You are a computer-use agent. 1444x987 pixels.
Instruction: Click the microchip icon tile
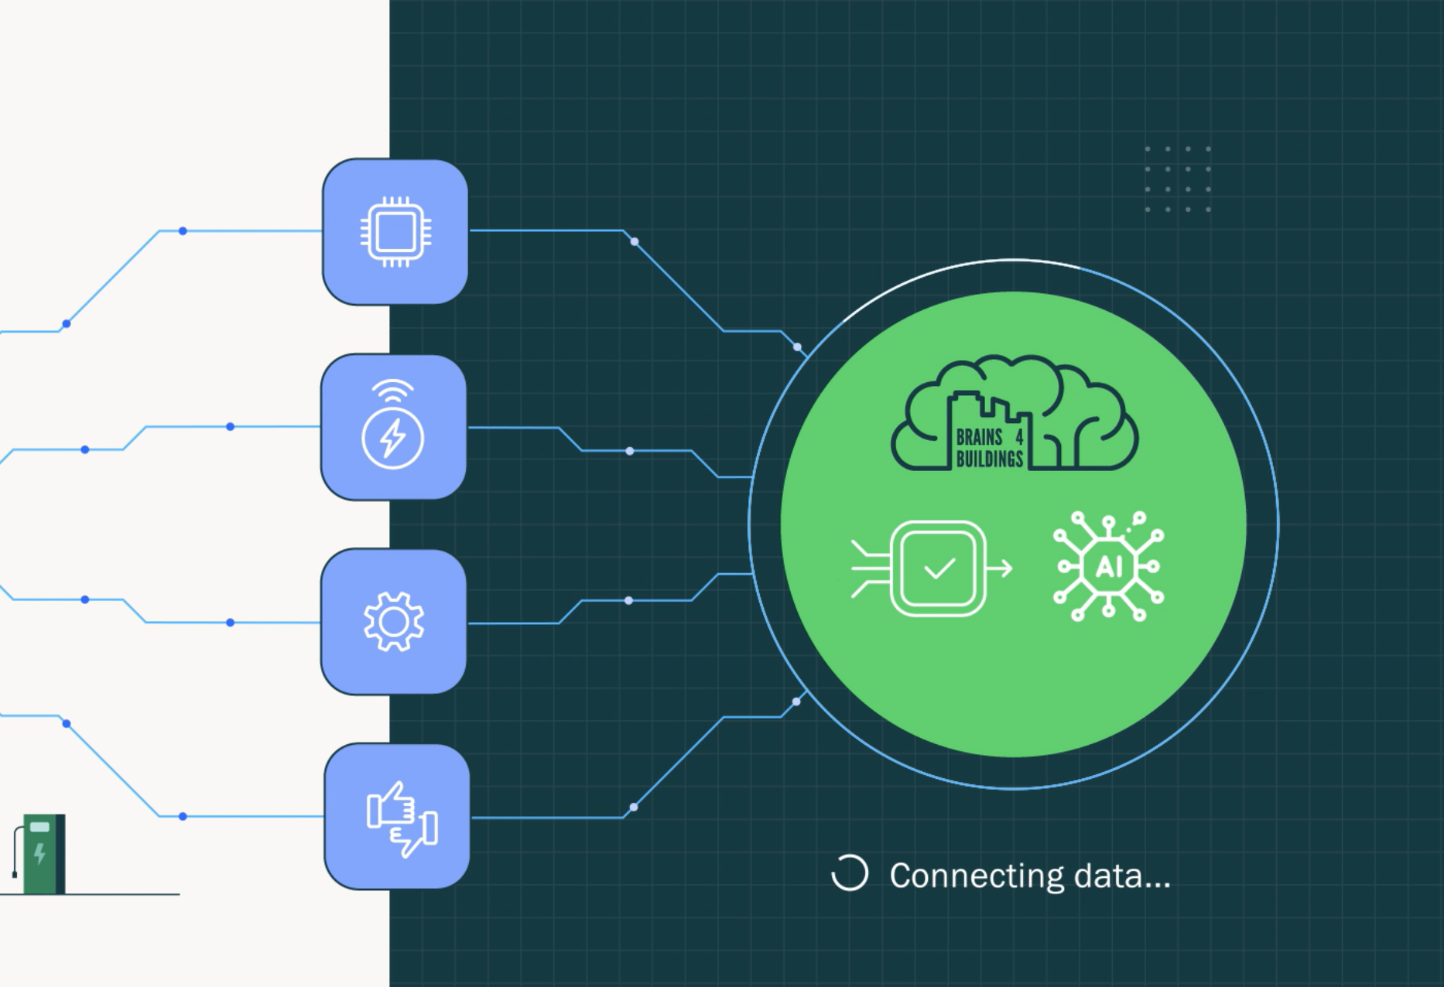click(x=395, y=231)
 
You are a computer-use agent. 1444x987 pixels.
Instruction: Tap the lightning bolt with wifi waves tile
click(x=393, y=427)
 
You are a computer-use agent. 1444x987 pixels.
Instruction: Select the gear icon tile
click(x=393, y=622)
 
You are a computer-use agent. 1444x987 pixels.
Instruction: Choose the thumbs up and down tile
click(x=397, y=817)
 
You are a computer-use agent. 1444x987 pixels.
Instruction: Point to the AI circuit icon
click(x=1108, y=566)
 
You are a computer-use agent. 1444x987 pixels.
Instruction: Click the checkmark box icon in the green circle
click(x=938, y=569)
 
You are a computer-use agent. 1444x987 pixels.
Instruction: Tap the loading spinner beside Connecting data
click(x=849, y=873)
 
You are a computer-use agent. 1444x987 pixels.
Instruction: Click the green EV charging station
click(x=43, y=854)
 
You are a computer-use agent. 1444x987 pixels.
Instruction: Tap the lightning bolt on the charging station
click(x=39, y=853)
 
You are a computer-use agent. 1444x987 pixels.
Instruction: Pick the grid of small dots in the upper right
click(x=1178, y=179)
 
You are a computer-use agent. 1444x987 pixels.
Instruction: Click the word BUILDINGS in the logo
click(x=989, y=459)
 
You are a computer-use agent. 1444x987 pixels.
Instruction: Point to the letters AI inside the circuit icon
click(x=1108, y=567)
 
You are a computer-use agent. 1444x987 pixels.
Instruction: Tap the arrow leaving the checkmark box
click(x=1000, y=569)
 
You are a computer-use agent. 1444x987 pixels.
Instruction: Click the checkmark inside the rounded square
click(x=939, y=569)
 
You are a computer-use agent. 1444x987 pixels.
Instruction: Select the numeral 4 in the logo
click(x=1019, y=437)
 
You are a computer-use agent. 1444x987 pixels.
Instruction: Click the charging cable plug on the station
click(x=15, y=873)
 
